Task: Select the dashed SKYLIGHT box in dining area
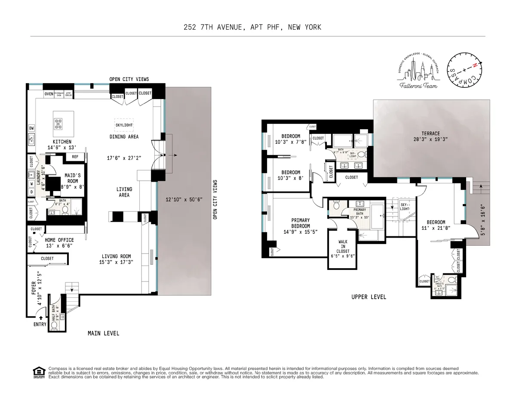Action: pos(124,125)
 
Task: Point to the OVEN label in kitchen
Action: pos(49,94)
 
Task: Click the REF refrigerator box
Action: pos(74,157)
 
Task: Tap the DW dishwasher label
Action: pos(31,128)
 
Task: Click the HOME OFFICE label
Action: pos(59,240)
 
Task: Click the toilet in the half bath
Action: pos(54,327)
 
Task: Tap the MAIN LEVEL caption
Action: pos(103,333)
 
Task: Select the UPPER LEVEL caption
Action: pos(369,297)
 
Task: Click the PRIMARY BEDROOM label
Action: pos(300,223)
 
